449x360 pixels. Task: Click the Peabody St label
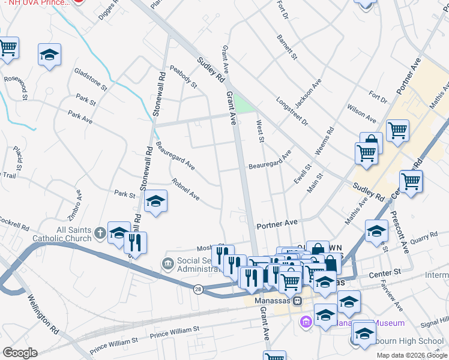point(184,77)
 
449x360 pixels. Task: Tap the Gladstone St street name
point(91,79)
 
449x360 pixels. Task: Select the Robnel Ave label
point(185,188)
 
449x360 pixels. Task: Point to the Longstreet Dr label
point(292,111)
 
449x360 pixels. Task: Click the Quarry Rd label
point(417,239)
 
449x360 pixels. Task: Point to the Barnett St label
point(287,47)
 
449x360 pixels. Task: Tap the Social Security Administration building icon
point(167,263)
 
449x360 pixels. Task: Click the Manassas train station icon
point(297,301)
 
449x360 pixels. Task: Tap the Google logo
point(20,353)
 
